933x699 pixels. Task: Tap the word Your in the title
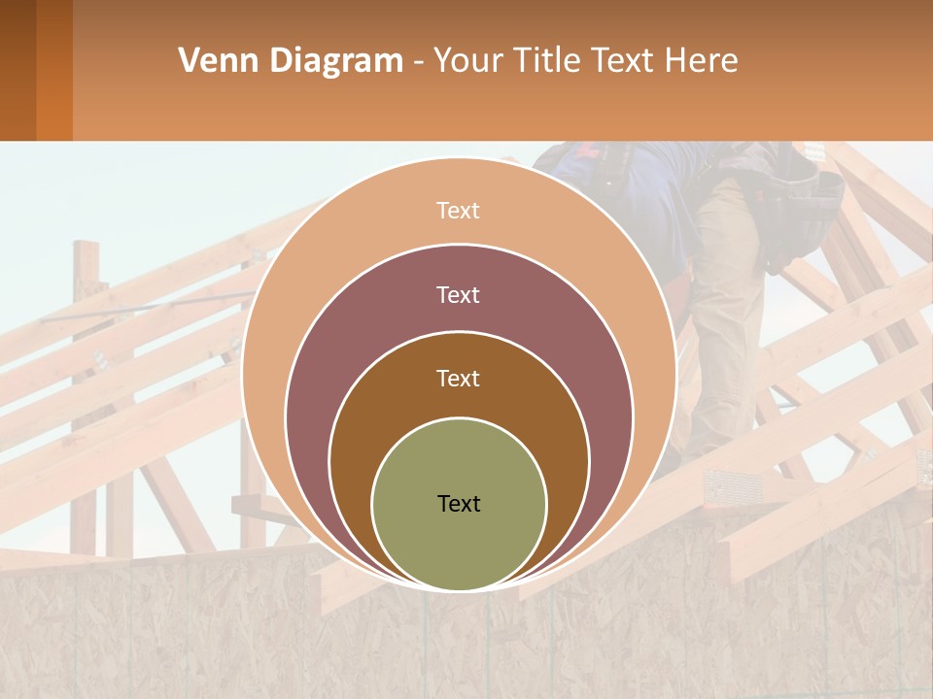click(x=468, y=61)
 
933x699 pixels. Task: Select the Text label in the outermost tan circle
click(x=459, y=211)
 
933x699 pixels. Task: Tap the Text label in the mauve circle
click(x=459, y=294)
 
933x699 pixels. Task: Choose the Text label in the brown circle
click(x=459, y=378)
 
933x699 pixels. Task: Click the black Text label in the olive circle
click(x=459, y=504)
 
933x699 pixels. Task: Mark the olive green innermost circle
click(x=459, y=544)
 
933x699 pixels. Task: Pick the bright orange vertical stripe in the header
click(x=54, y=70)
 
